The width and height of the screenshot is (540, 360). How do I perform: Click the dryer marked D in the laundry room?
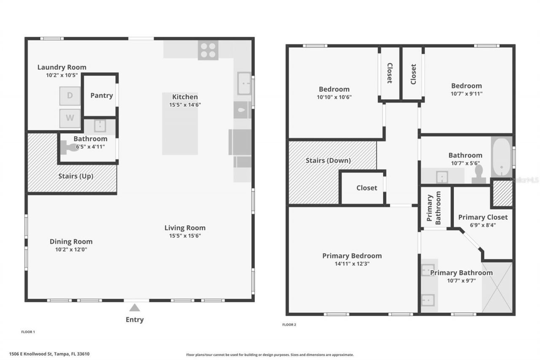click(x=70, y=96)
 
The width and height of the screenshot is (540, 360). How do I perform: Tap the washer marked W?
click(x=70, y=118)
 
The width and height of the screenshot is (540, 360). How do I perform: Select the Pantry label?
click(x=102, y=95)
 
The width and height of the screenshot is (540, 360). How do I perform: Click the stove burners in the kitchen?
click(x=208, y=50)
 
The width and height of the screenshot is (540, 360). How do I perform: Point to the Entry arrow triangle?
click(x=135, y=308)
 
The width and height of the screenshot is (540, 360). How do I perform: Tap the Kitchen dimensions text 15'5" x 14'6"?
click(x=185, y=105)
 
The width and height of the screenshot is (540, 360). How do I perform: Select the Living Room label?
click(x=185, y=228)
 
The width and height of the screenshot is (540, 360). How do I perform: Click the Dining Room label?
click(x=71, y=242)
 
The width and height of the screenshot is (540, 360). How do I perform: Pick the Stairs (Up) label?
click(x=76, y=176)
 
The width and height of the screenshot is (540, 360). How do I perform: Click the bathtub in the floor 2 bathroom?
click(x=501, y=157)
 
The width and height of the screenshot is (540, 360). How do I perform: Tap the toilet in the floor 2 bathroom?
click(x=479, y=174)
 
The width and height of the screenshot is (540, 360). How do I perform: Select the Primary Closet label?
click(x=483, y=217)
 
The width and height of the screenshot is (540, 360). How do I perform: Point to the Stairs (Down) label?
click(x=328, y=160)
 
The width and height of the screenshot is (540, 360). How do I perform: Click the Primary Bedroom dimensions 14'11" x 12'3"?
click(x=352, y=264)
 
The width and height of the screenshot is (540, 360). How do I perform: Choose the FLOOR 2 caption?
click(x=289, y=325)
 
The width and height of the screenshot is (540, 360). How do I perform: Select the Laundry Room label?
click(x=62, y=67)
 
